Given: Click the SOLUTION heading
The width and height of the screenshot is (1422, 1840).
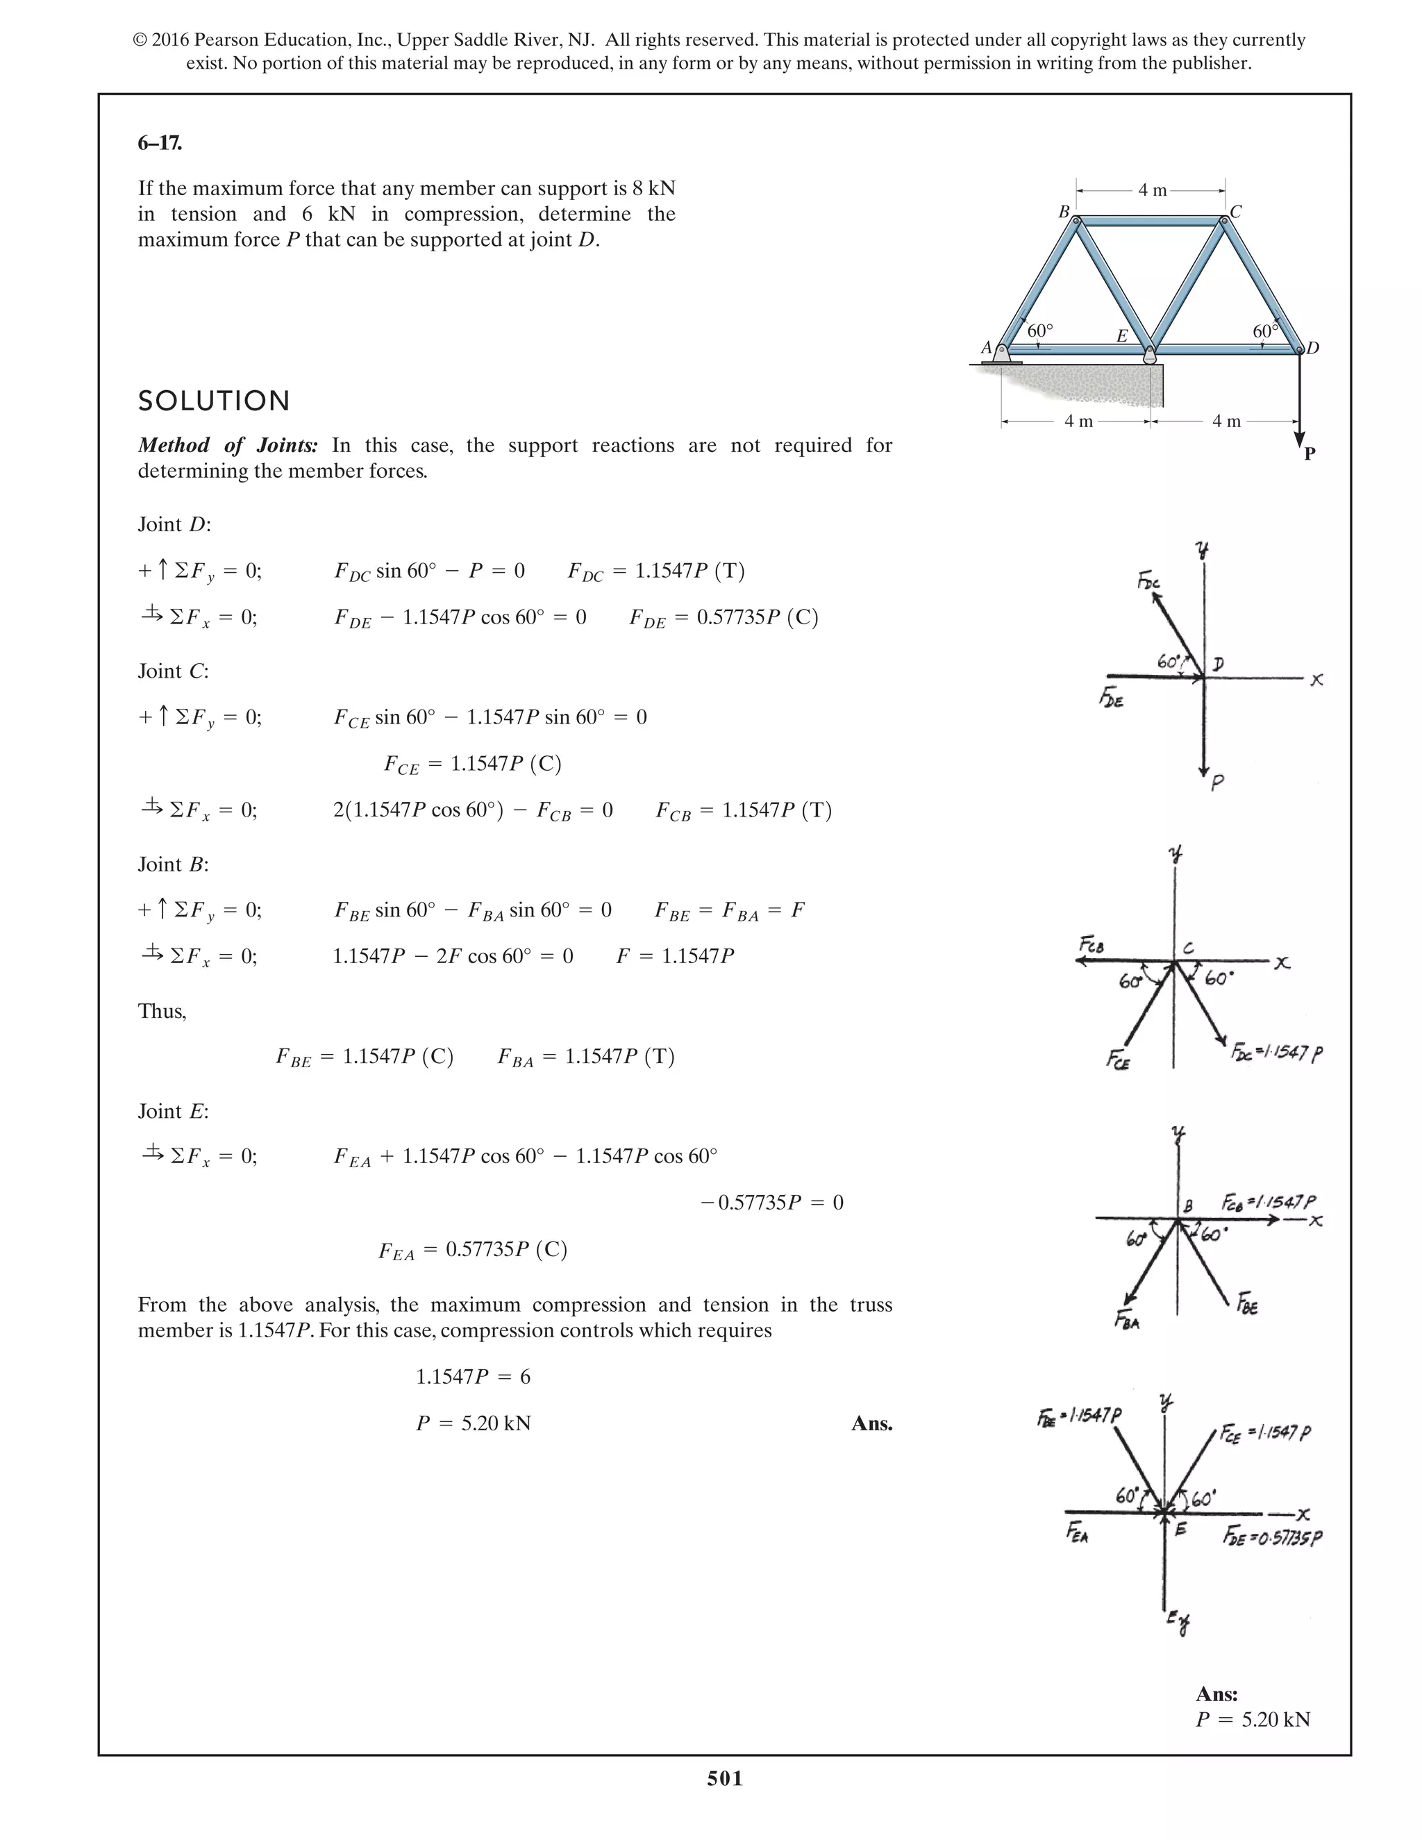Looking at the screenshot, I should (x=214, y=401).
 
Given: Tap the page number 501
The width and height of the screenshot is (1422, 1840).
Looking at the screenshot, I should (x=724, y=1778).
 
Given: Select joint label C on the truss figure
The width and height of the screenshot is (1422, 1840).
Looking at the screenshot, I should (x=1236, y=212).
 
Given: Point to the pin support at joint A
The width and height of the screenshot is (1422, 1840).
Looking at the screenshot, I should (x=1002, y=355).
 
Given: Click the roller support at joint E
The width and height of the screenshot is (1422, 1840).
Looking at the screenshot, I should (x=1149, y=356).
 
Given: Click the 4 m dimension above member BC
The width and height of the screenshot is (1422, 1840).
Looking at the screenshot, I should (x=1152, y=190).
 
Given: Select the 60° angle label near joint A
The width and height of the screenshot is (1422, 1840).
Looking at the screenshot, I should (x=1040, y=331).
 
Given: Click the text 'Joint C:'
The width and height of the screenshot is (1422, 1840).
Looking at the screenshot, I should (x=173, y=671).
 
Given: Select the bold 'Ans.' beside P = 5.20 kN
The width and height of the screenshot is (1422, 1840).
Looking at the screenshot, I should (x=871, y=1424).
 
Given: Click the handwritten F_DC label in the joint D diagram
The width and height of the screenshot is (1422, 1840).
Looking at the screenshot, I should (x=1147, y=580).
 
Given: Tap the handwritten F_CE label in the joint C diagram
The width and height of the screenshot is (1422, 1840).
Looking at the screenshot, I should (x=1118, y=1059).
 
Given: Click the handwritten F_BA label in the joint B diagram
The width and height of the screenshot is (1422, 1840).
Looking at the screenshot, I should (x=1127, y=1320).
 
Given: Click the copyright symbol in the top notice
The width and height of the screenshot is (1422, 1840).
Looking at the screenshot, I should (x=141, y=40).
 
